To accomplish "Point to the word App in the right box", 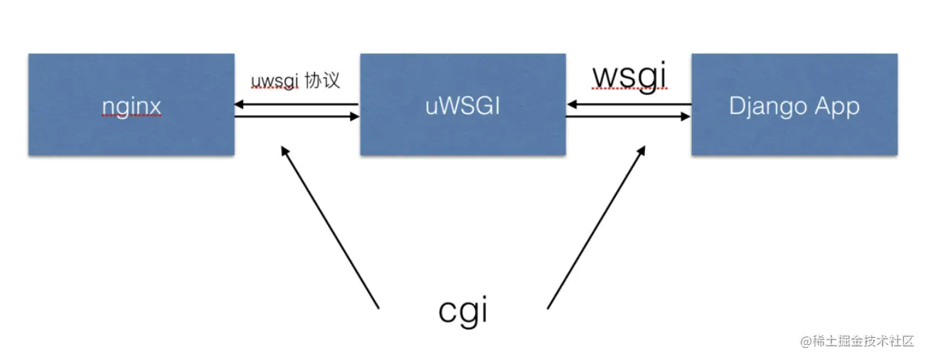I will pyautogui.click(x=836, y=107).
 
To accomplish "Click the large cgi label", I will pyautogui.click(x=463, y=311).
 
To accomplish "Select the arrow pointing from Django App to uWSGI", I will pyautogui.click(x=629, y=105).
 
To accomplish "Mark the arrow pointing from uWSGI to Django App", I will pyautogui.click(x=629, y=117).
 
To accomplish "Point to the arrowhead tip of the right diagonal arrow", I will pyautogui.click(x=644, y=147).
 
